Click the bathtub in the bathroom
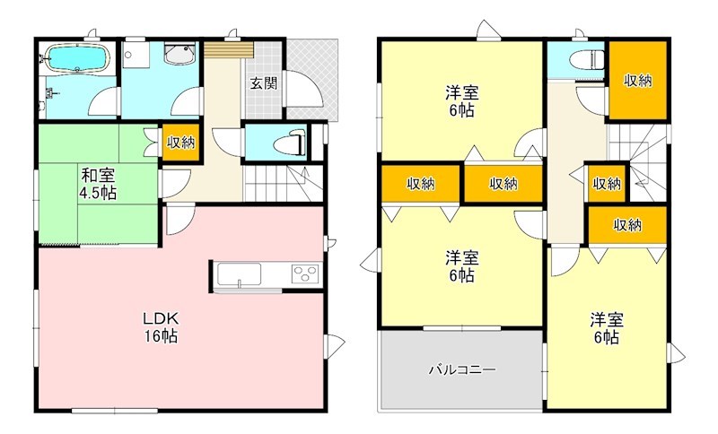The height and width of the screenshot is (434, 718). point(76,59)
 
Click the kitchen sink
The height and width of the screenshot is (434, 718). point(240,273)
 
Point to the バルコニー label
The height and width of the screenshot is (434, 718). point(461,369)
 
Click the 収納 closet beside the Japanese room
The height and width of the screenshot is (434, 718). point(179,142)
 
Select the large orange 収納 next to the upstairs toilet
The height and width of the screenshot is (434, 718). point(637,81)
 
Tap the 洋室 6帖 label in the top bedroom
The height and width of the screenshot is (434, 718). point(461,100)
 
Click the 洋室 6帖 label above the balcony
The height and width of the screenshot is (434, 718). point(461,266)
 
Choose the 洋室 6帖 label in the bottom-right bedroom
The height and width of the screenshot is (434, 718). point(606,328)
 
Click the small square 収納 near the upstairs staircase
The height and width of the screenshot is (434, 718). point(607,184)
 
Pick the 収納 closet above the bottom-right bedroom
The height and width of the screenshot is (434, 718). point(628,225)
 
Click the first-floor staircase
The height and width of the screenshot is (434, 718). point(278,184)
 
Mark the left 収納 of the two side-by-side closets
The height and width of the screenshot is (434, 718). point(420,184)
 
